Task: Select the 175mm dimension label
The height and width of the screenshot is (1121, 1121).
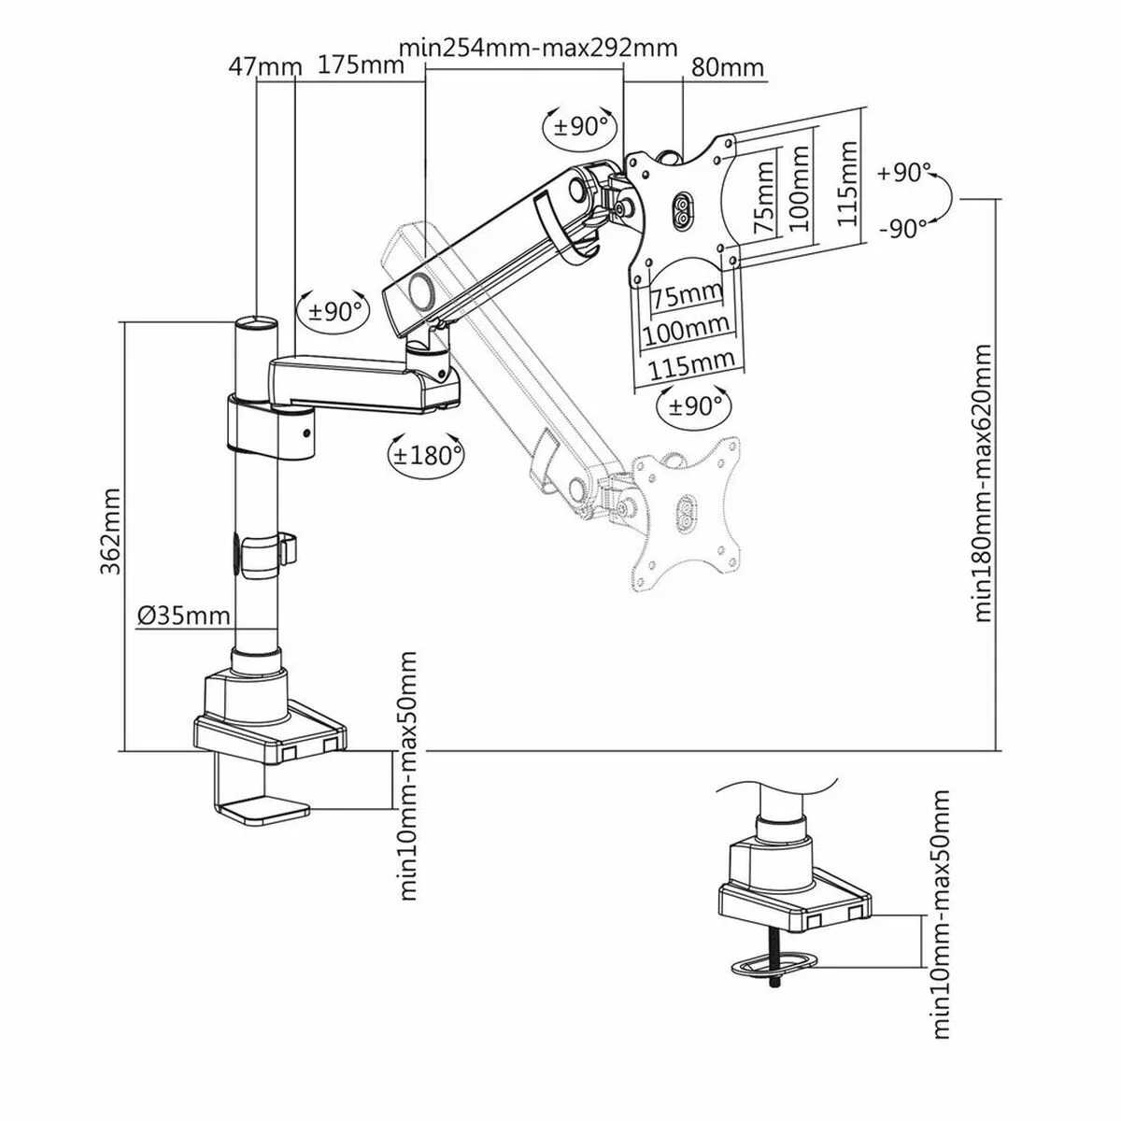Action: (x=360, y=65)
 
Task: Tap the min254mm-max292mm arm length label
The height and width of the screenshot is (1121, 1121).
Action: (x=537, y=48)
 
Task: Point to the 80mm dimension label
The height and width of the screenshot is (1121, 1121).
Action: (x=727, y=68)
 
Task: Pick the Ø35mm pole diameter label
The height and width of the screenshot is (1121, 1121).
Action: (x=183, y=616)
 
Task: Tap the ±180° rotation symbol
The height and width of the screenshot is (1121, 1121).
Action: (x=426, y=454)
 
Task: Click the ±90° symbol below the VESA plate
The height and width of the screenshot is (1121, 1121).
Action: (x=694, y=404)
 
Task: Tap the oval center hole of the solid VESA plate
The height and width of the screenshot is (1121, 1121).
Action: (x=681, y=209)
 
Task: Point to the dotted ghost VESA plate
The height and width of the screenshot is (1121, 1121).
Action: (x=687, y=509)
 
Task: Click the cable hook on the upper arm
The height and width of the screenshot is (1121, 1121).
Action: (x=563, y=224)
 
